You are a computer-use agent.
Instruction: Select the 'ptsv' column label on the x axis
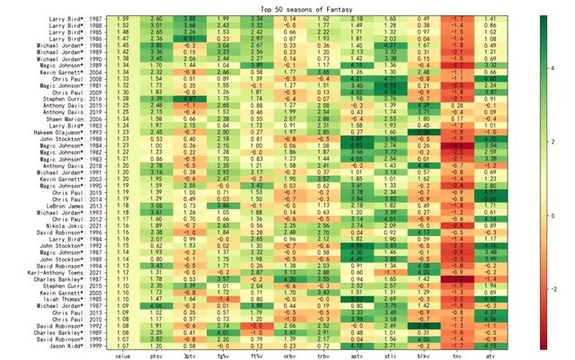155,356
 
